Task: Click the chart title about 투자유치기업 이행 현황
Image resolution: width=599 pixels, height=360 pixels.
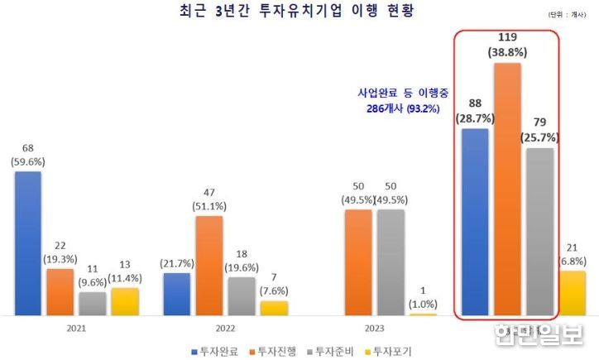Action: click(298, 12)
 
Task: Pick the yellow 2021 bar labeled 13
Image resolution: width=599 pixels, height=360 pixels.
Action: click(125, 301)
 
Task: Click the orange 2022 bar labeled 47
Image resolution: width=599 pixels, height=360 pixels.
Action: click(209, 266)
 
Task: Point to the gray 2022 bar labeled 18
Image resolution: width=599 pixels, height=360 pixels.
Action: click(242, 295)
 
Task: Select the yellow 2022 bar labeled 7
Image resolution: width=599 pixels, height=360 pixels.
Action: click(274, 308)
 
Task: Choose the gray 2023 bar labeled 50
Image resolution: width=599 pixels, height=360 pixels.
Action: click(391, 262)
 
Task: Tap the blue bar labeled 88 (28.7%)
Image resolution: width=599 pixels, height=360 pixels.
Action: click(475, 222)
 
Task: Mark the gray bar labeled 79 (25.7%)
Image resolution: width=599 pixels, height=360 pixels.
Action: click(539, 232)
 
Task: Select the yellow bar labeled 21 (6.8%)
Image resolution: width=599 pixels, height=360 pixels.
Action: click(572, 293)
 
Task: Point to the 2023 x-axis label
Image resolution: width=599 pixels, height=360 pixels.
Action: click(374, 328)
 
